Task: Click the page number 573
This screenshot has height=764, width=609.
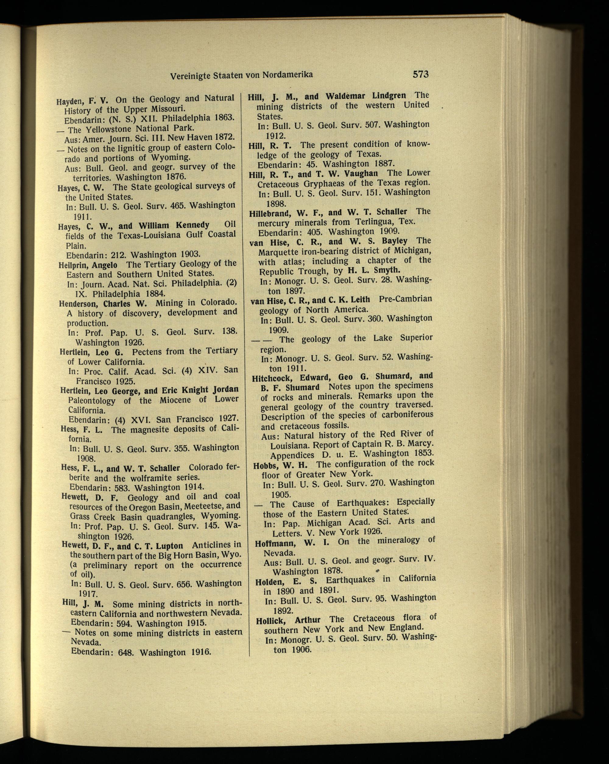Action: [420, 74]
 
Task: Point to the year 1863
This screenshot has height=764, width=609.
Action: [224, 117]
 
